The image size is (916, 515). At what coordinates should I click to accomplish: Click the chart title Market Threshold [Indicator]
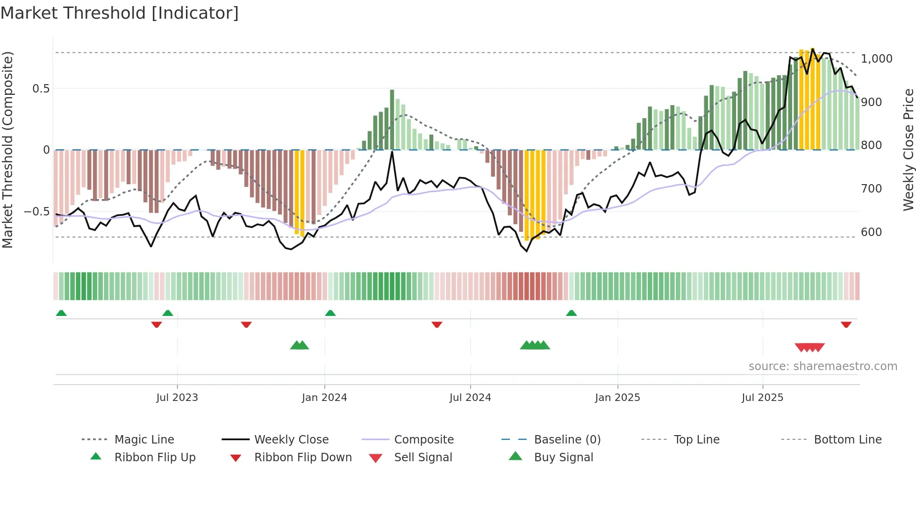click(x=120, y=13)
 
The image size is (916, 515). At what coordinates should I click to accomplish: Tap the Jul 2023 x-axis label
click(x=177, y=398)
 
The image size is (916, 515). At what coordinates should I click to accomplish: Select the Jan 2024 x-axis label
click(x=324, y=398)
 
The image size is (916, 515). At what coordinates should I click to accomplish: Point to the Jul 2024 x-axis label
click(x=470, y=398)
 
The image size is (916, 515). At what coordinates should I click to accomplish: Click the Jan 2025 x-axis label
click(x=617, y=398)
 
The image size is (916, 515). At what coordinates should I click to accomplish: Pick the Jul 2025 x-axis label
click(x=762, y=398)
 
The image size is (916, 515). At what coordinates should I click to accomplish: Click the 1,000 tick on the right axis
click(x=876, y=59)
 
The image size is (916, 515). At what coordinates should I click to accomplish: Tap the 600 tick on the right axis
click(x=871, y=232)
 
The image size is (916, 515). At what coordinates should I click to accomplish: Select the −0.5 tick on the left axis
click(x=36, y=212)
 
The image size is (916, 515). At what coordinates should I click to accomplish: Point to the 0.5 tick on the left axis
click(x=41, y=89)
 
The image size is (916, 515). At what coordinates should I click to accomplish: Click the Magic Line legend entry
click(x=144, y=440)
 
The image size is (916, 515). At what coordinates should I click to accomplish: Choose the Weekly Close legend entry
click(x=291, y=440)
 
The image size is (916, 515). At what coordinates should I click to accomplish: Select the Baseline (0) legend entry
click(x=567, y=440)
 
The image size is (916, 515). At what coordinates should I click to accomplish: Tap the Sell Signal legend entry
click(x=423, y=458)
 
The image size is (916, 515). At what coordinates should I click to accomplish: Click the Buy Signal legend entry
click(x=563, y=458)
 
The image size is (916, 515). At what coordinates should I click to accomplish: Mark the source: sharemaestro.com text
click(x=823, y=366)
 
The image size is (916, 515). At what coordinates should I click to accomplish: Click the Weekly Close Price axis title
click(x=908, y=150)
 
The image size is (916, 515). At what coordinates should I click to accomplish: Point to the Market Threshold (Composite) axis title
click(x=7, y=150)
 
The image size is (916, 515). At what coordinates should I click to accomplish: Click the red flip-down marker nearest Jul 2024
click(x=437, y=324)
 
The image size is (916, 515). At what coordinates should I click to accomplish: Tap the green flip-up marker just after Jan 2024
click(x=330, y=313)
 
